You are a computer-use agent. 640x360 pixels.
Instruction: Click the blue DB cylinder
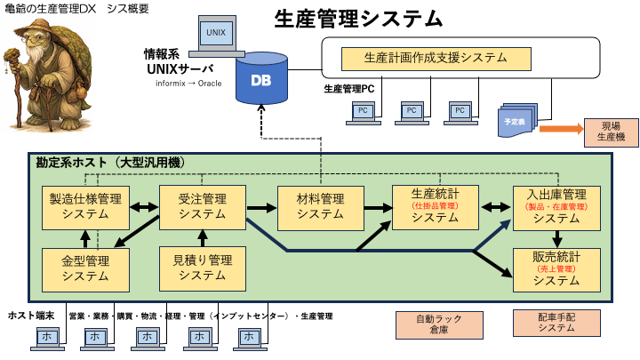pos(262,79)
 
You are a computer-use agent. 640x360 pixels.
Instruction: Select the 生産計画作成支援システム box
pos(436,59)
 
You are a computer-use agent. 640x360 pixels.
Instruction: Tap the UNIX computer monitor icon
pos(215,35)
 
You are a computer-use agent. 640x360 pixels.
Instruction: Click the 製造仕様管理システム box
pos(86,206)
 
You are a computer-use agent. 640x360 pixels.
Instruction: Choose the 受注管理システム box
pos(202,206)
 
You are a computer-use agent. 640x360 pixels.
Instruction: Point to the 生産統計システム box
pos(435,206)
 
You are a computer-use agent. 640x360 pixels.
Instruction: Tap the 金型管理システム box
pos(86,268)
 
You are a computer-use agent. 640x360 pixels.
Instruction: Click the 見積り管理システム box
pos(202,268)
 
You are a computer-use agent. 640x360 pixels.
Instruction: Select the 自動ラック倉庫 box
pos(433,324)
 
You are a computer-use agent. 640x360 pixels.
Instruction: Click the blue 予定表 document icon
pos(515,121)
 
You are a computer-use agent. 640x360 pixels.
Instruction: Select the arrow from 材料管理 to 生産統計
pos(377,208)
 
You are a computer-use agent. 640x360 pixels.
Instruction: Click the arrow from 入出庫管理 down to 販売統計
pos(557,237)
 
